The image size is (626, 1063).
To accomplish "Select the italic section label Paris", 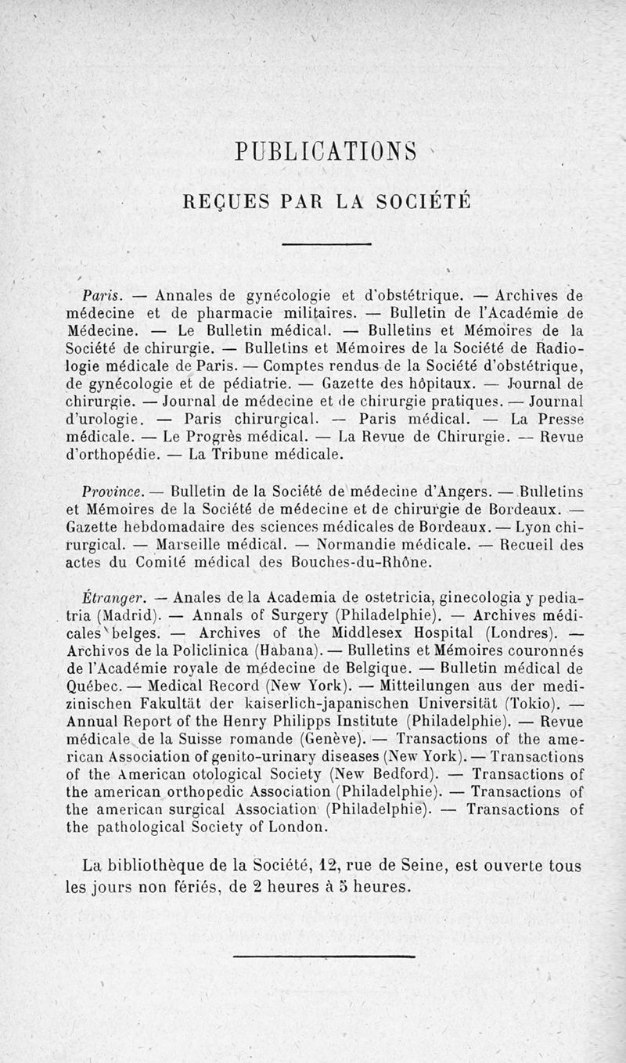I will (x=99, y=296).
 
